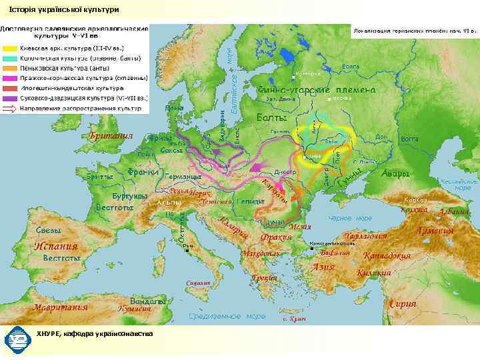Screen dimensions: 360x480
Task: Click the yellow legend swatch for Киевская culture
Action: click(x=10, y=49)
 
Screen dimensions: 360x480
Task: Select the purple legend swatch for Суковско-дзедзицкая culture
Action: click(x=10, y=97)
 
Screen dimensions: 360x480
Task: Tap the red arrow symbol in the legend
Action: click(x=10, y=107)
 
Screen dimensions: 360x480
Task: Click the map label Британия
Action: click(x=111, y=136)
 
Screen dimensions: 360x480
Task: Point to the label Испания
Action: click(x=56, y=245)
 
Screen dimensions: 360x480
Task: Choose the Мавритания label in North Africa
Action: click(x=61, y=307)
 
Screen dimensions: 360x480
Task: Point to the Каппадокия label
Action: click(x=387, y=256)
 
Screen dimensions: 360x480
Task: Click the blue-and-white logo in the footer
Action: click(x=14, y=340)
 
